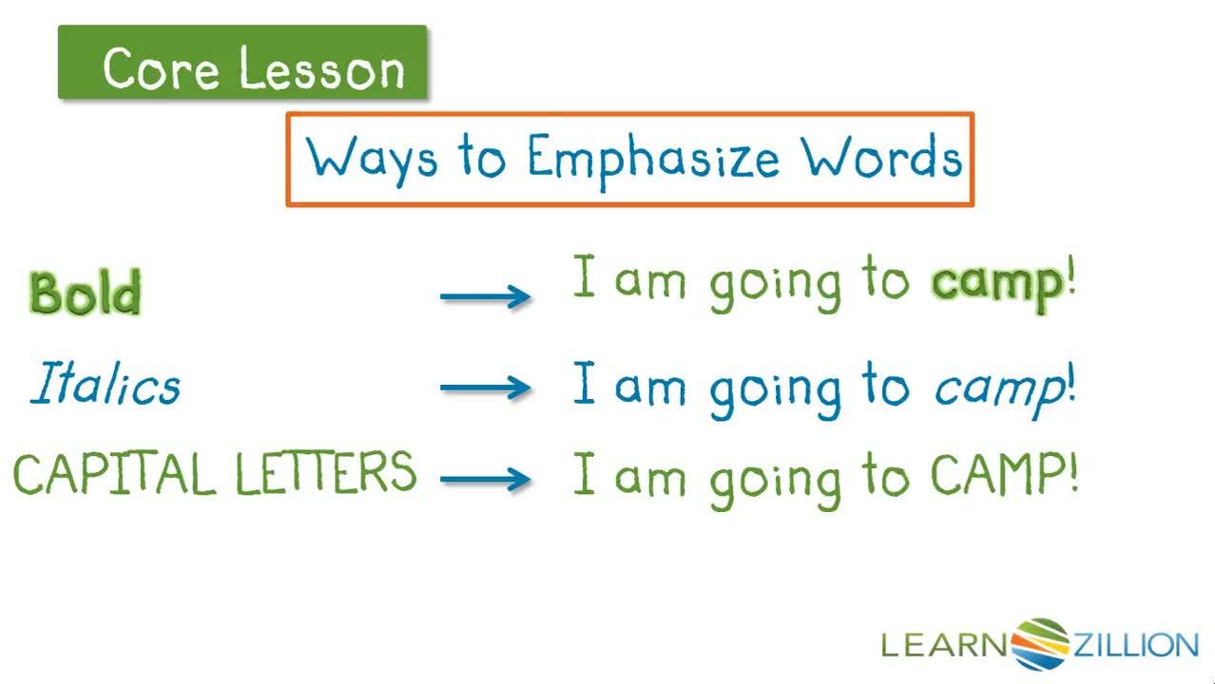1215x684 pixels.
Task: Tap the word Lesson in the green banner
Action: tap(322, 68)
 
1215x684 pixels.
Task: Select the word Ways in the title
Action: tap(372, 160)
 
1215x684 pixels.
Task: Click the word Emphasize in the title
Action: tap(653, 160)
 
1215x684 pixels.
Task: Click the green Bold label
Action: tap(86, 293)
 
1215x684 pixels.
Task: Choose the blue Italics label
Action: tap(105, 386)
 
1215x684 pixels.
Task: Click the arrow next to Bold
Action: tap(485, 296)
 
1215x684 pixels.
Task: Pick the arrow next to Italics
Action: tap(485, 388)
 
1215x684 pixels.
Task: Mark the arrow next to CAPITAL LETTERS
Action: tap(485, 478)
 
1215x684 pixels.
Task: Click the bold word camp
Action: tap(996, 283)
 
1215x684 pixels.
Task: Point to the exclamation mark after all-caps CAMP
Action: tap(1073, 473)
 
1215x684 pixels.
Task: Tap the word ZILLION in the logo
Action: tap(1135, 646)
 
